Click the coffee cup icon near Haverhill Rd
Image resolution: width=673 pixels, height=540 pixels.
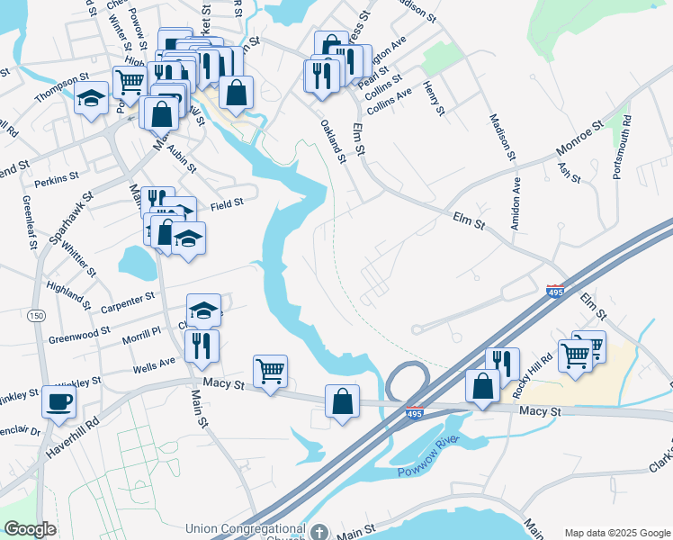point(59,401)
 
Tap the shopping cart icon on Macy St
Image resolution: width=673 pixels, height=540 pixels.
point(270,370)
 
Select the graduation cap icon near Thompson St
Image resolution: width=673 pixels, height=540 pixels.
point(91,97)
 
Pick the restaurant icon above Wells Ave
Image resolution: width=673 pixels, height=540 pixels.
point(202,346)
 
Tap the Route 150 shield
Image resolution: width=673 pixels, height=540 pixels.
point(37,315)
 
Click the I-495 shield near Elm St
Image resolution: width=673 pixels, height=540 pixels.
point(556,292)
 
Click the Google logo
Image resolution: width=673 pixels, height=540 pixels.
point(30,529)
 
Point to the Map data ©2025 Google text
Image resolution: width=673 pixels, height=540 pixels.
point(616,533)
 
